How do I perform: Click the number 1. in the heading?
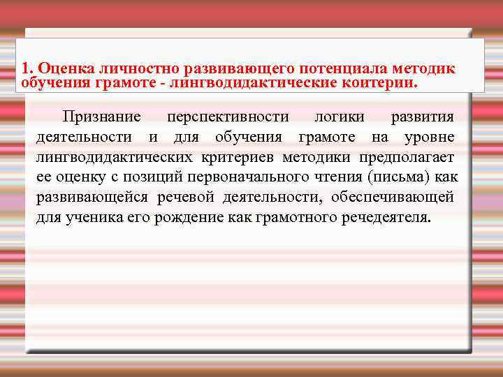(x=28, y=68)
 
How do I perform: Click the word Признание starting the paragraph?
(x=101, y=116)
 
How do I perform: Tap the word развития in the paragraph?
(x=422, y=116)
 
